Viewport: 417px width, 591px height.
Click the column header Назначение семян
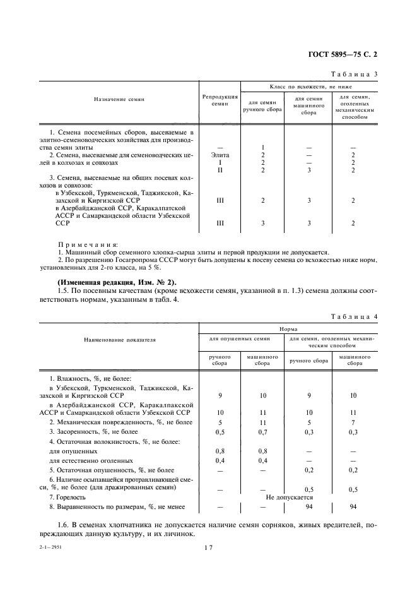[x=119, y=100]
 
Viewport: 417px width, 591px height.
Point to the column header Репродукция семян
[x=220, y=100]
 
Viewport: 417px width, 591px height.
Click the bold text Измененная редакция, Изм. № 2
[x=117, y=281]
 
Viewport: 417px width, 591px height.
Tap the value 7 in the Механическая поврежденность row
[x=353, y=421]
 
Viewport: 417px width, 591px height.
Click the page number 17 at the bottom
[x=209, y=548]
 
